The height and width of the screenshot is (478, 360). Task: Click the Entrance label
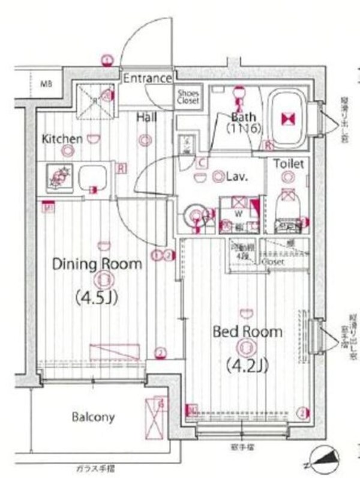148,79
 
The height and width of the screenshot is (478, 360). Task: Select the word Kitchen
62,139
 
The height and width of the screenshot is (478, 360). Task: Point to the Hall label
146,118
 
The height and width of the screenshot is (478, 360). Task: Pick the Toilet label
289,163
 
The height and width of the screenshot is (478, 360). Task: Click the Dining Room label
97,264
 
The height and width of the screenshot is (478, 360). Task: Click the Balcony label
93,417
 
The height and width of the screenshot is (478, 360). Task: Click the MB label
46,83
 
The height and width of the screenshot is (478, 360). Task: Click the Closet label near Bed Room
273,262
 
